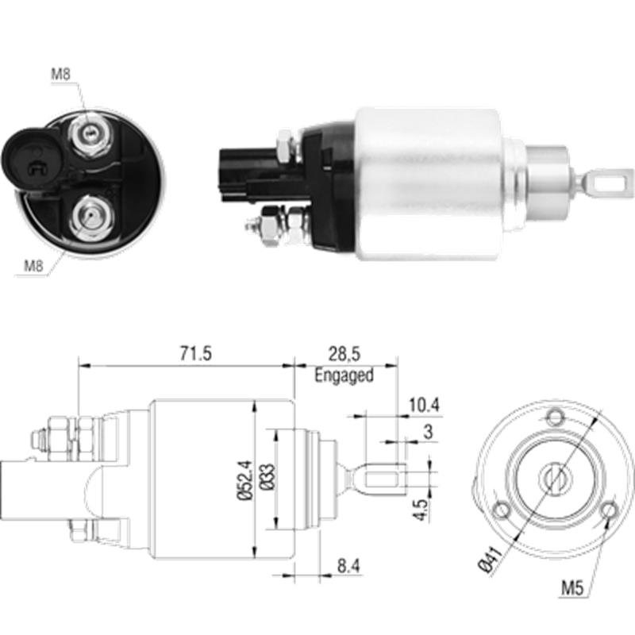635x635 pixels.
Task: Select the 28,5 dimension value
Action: coord(344,354)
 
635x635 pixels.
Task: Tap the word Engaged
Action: coord(344,375)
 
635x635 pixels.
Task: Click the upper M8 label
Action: coord(62,75)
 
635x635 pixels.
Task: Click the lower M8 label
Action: coord(33,266)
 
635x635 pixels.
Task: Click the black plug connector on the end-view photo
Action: coord(29,160)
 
